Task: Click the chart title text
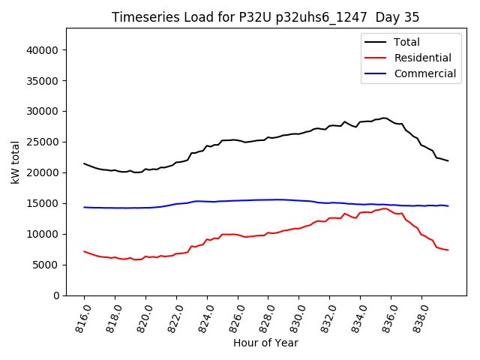tap(265, 17)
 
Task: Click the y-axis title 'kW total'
tap(16, 162)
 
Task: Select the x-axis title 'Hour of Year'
tap(265, 343)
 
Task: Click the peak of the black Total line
tap(384, 118)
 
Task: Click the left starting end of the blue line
tap(84, 207)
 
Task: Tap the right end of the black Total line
tap(448, 160)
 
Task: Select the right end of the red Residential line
tap(448, 250)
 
